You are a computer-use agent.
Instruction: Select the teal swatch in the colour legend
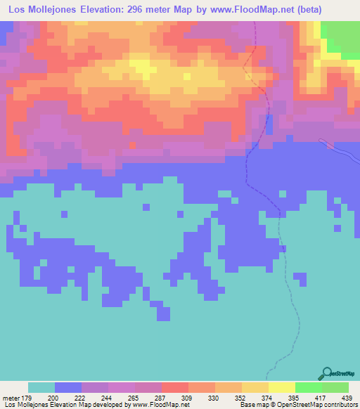[41, 387]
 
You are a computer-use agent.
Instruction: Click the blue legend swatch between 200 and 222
[68, 387]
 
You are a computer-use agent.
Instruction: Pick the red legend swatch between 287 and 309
[175, 387]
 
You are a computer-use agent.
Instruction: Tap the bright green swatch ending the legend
[335, 387]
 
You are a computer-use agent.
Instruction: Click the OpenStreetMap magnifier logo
[327, 372]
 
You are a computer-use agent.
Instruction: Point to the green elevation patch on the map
[343, 35]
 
